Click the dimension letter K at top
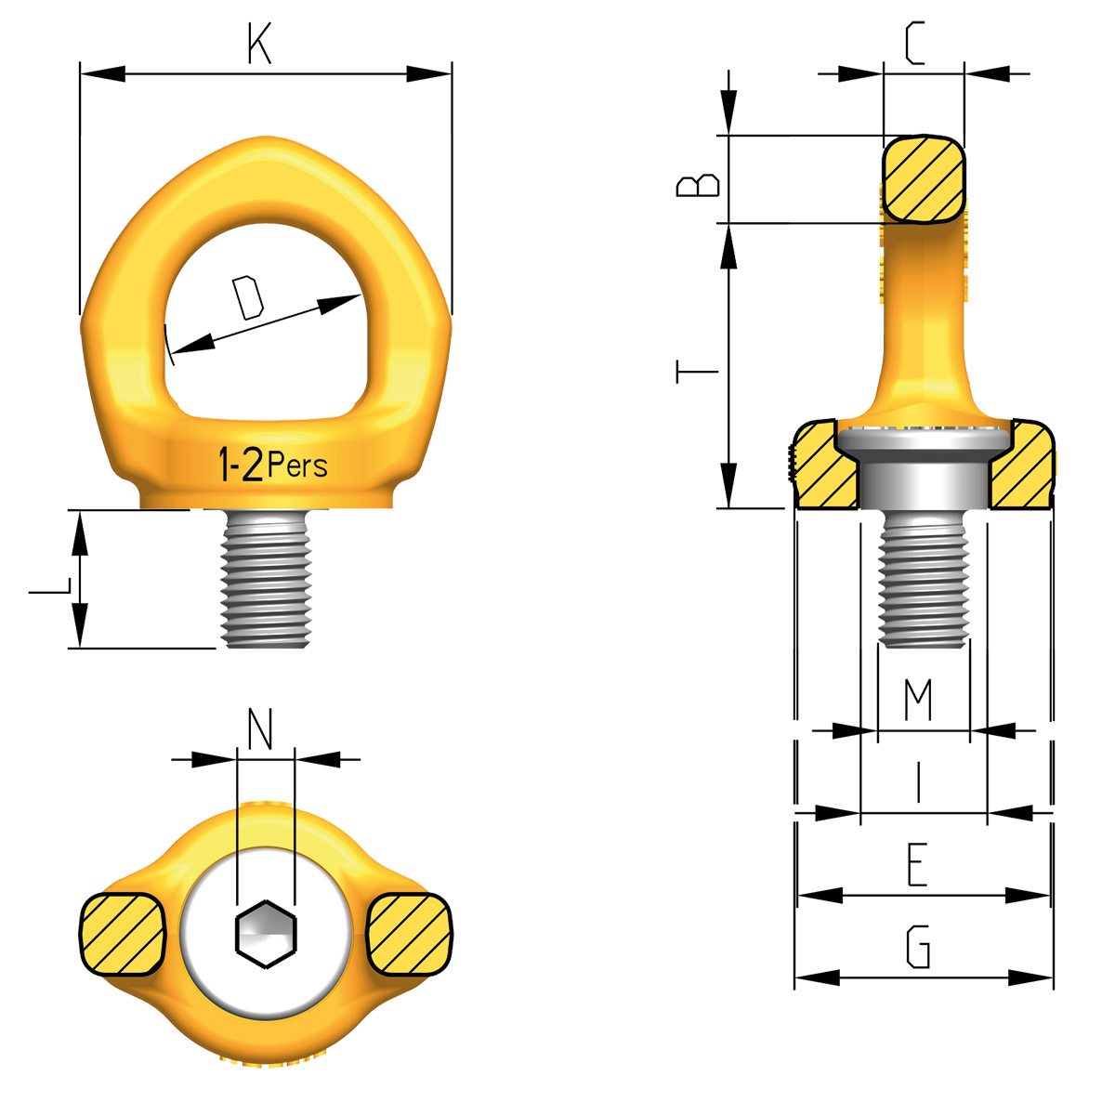pyautogui.click(x=259, y=44)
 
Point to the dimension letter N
pyautogui.click(x=261, y=729)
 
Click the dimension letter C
pyautogui.click(x=915, y=44)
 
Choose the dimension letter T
pyautogui.click(x=697, y=373)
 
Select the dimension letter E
pyautogui.click(x=917, y=864)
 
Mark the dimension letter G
pyautogui.click(x=917, y=947)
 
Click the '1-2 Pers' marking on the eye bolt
pyautogui.click(x=271, y=464)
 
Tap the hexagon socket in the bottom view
pyautogui.click(x=266, y=934)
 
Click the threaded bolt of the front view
pyautogui.click(x=265, y=578)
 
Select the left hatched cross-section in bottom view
pyautogui.click(x=123, y=934)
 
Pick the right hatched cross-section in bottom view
pyautogui.click(x=410, y=934)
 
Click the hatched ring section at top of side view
pyautogui.click(x=924, y=179)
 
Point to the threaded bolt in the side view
pyautogui.click(x=924, y=581)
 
